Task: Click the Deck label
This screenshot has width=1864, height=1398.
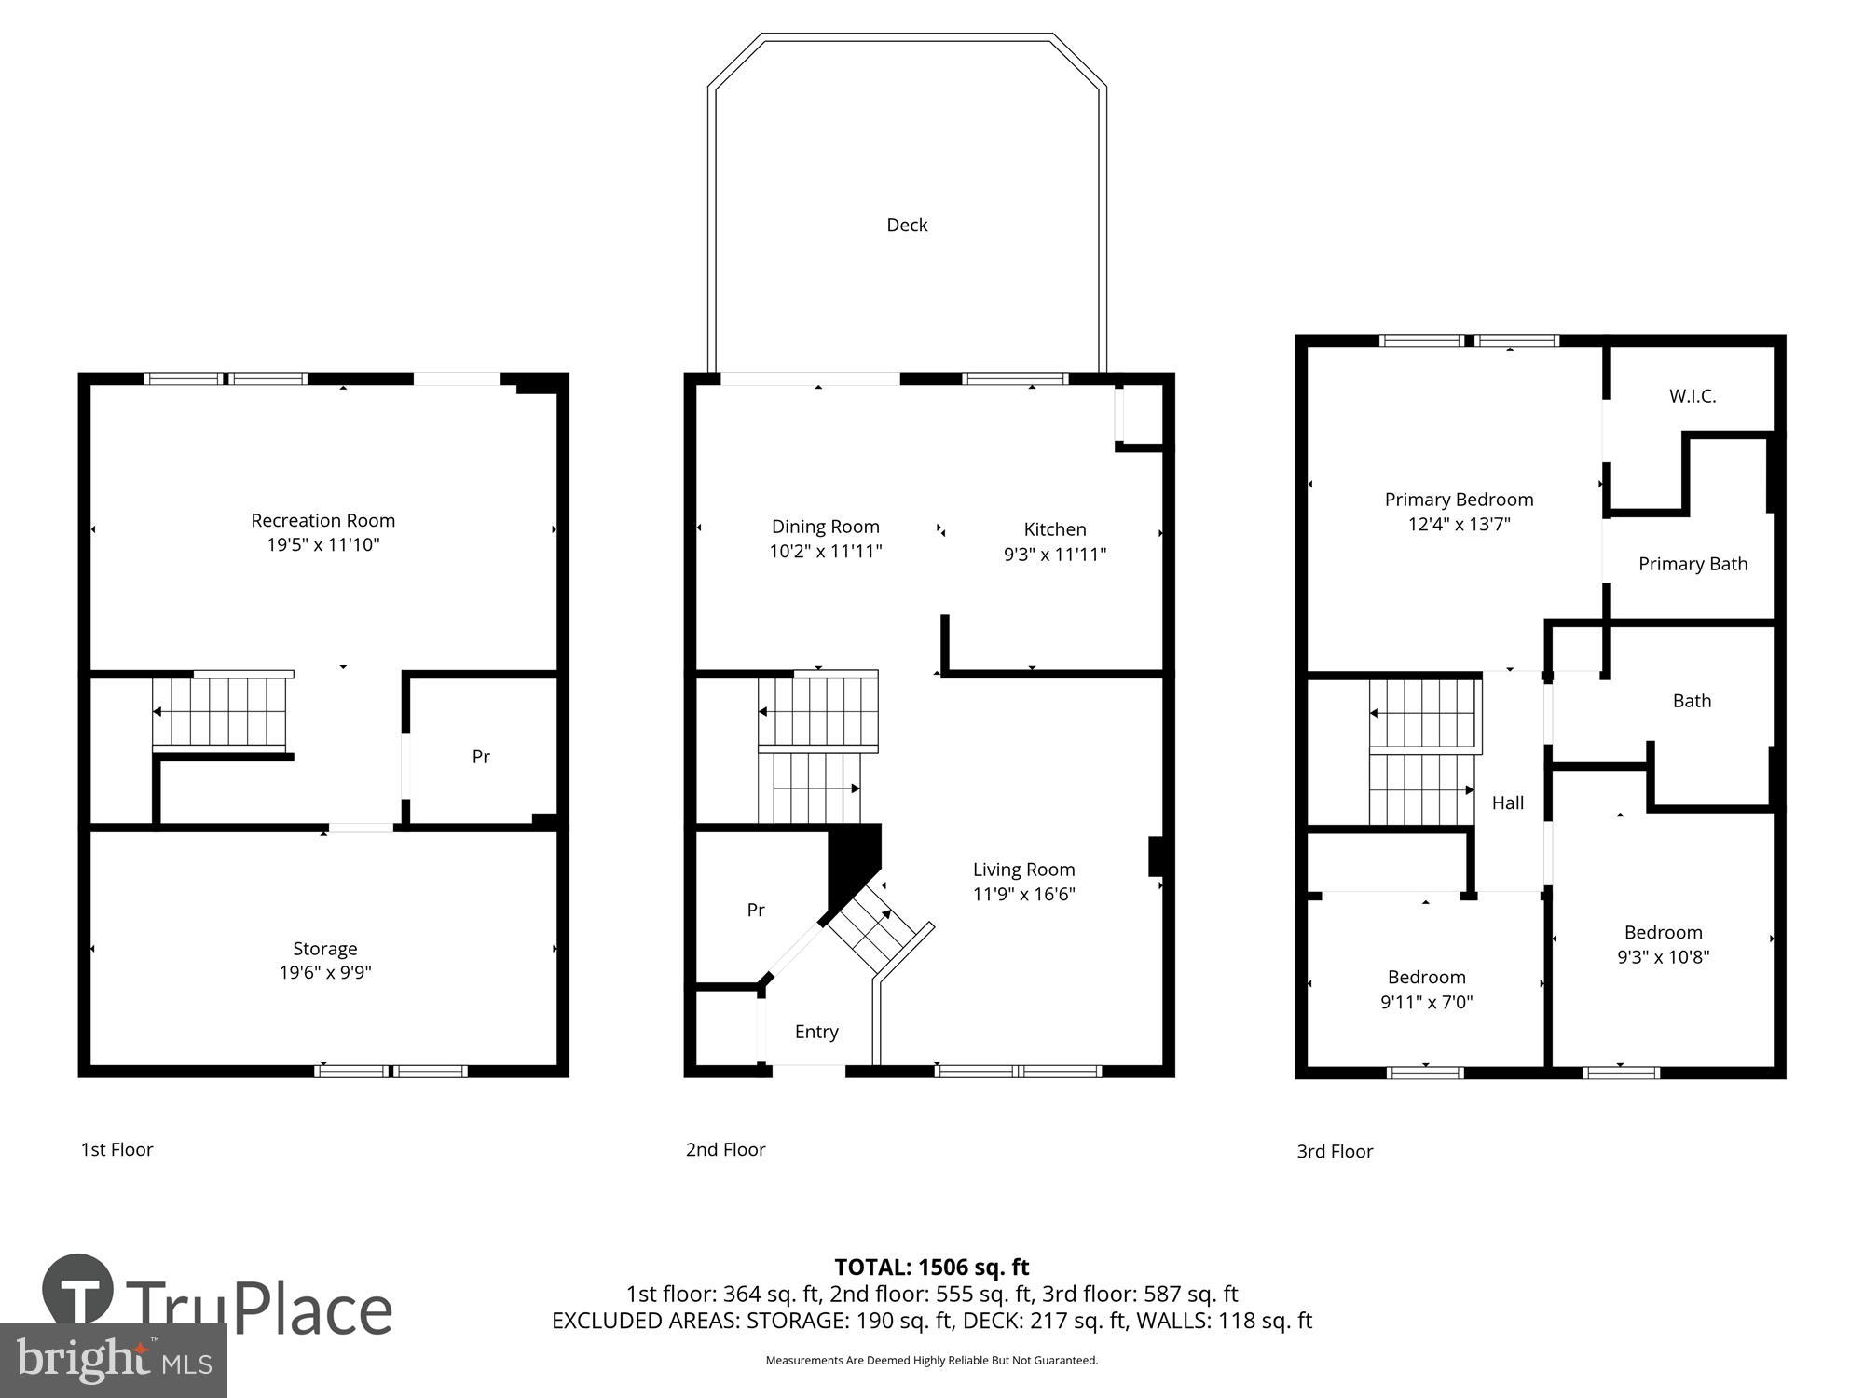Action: [906, 225]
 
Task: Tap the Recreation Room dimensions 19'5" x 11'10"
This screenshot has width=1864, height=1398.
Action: [323, 544]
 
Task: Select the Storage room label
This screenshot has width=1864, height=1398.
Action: [324, 948]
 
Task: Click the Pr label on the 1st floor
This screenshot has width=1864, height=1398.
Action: [481, 757]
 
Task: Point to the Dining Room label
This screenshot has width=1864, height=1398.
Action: [825, 527]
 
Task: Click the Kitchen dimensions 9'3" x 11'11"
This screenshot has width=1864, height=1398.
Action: [1055, 555]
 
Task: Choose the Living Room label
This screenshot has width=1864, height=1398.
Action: [1023, 870]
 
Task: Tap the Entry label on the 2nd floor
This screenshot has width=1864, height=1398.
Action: [816, 1032]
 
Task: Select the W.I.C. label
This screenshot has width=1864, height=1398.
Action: [1693, 396]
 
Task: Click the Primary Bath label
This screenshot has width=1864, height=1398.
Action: [1693, 564]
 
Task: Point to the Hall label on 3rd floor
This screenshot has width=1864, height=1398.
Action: [1508, 802]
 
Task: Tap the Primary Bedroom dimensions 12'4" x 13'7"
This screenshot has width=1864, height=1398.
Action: [1459, 524]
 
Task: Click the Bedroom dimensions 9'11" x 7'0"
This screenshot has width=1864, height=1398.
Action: [1426, 1003]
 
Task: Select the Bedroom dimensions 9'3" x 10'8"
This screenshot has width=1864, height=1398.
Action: [1663, 957]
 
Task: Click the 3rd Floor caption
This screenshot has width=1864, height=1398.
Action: [1335, 1152]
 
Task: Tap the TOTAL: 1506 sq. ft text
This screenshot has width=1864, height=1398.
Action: [931, 1268]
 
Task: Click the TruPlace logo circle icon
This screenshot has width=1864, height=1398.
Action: [78, 1291]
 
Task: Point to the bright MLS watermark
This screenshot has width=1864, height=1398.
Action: [114, 1361]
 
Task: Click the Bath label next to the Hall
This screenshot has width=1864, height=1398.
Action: [1692, 701]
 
